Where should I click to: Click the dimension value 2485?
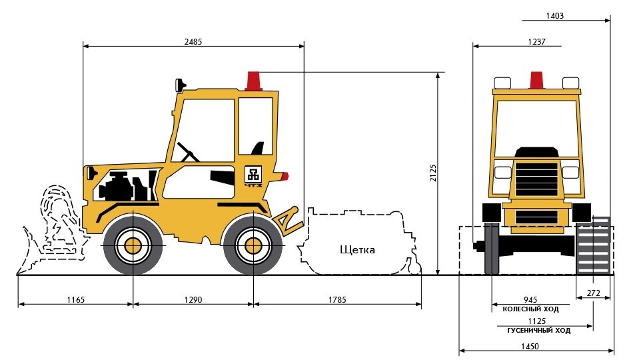point(193,41)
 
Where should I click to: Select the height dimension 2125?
point(432,173)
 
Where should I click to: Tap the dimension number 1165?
point(76,300)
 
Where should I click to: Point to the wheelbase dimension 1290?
point(193,300)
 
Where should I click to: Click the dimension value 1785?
point(337,300)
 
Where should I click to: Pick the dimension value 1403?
point(554,16)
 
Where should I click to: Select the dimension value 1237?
point(536,41)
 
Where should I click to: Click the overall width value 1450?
point(530,347)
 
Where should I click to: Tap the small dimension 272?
point(594,293)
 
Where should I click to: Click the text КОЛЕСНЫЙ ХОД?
point(530,309)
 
